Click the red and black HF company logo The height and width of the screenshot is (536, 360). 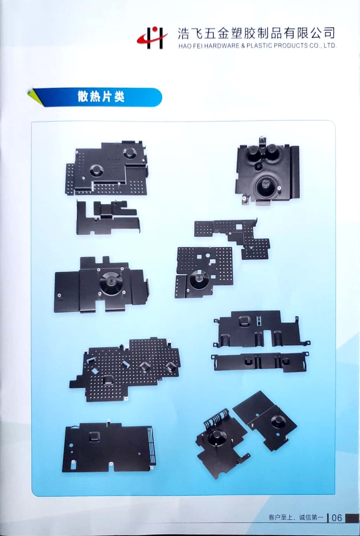point(152,37)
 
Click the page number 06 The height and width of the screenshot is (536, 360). point(337,517)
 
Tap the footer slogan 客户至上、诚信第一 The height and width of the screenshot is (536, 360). point(296,517)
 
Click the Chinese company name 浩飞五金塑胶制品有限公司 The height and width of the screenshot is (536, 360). point(256,33)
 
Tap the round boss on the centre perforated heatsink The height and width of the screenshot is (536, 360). point(199,280)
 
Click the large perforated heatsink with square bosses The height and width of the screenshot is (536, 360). point(130,369)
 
